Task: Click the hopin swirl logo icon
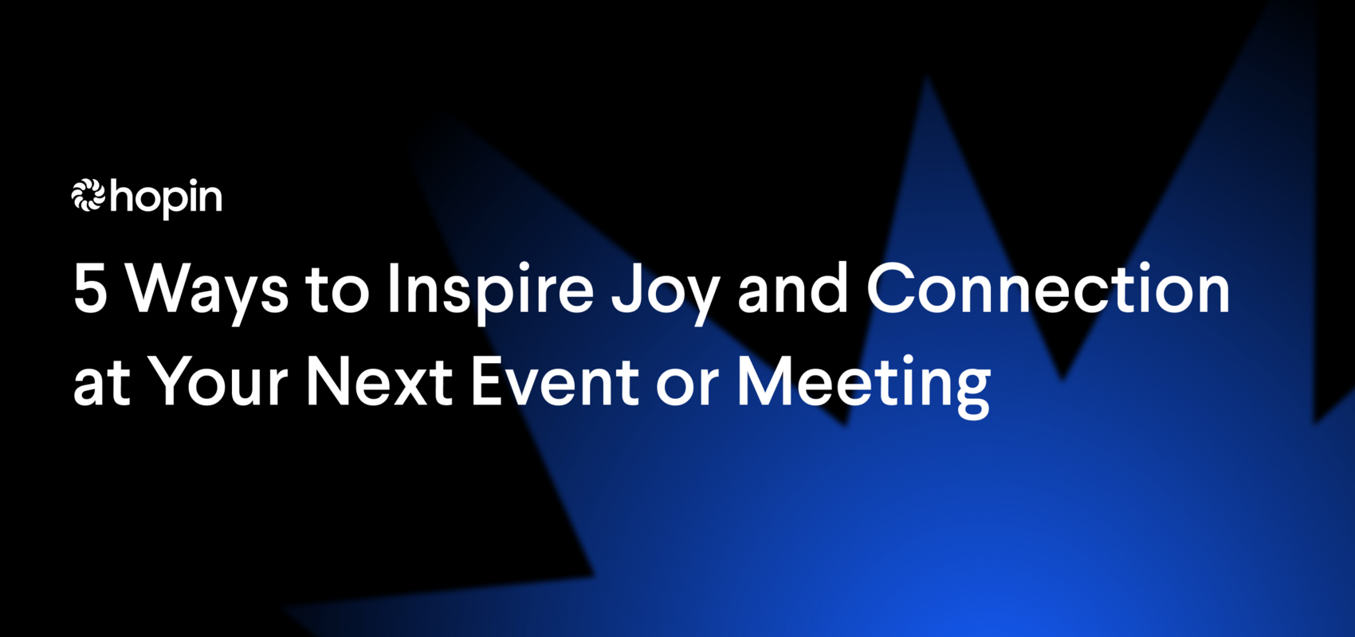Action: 88,196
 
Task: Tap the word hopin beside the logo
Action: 166,197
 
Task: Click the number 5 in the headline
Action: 90,289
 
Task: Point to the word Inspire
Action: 490,291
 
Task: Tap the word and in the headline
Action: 793,289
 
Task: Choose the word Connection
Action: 1048,289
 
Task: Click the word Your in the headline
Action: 219,382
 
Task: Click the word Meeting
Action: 862,385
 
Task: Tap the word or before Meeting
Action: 687,386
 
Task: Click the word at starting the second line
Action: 101,385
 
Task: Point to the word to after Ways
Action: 337,291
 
